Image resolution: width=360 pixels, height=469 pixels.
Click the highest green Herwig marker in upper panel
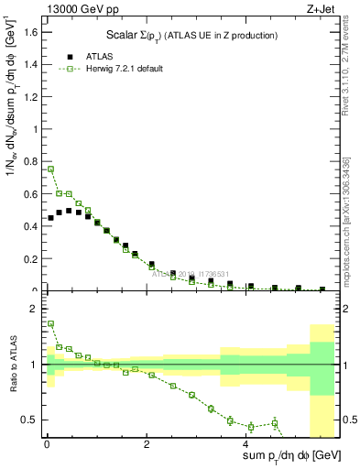[51, 169]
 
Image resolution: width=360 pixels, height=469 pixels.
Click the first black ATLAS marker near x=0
[51, 218]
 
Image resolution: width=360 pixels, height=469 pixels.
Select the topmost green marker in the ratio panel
[51, 323]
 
